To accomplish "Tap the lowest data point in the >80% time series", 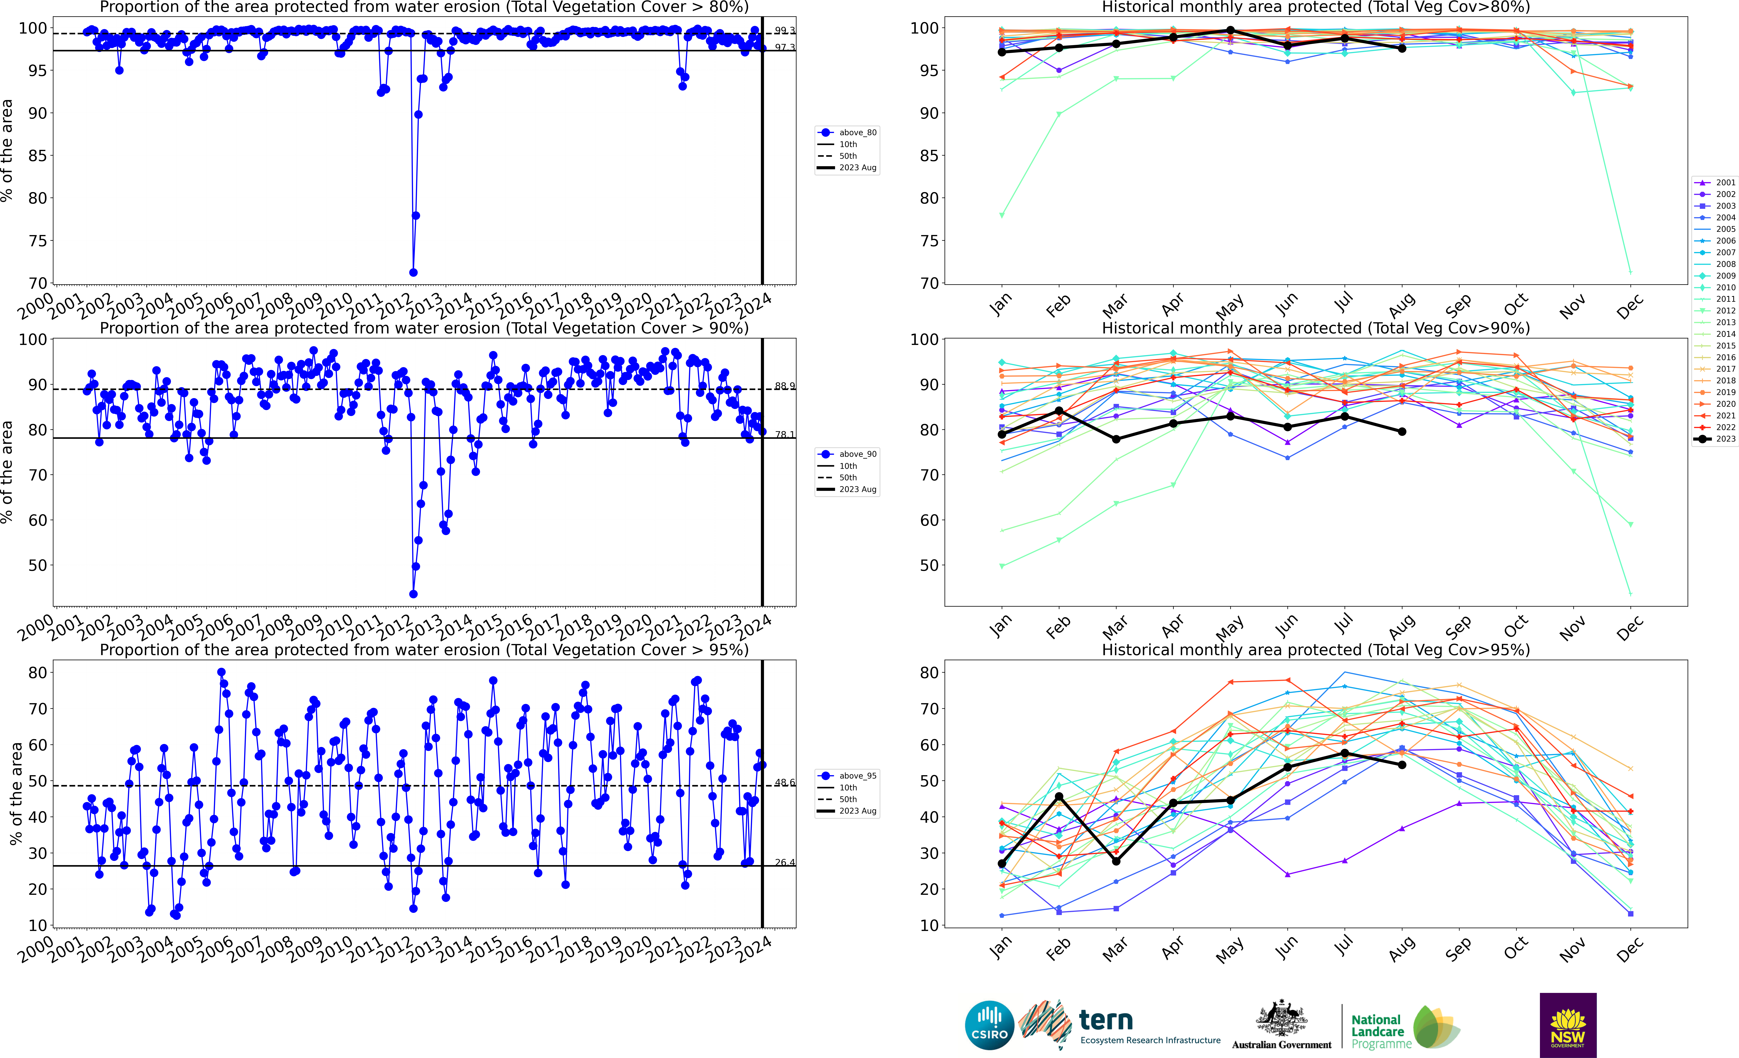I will pyautogui.click(x=413, y=272).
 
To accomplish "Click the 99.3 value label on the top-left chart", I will pyautogui.click(x=784, y=30).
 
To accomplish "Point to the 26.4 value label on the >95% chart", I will pyautogui.click(x=784, y=862).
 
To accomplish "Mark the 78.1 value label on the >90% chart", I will pyautogui.click(x=784, y=435).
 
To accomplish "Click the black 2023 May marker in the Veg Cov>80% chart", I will pyautogui.click(x=1230, y=30).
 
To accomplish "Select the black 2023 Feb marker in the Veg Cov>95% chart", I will pyautogui.click(x=1059, y=796).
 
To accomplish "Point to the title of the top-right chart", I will pyautogui.click(x=1316, y=8).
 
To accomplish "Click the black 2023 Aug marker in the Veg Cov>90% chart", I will pyautogui.click(x=1402, y=432).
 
